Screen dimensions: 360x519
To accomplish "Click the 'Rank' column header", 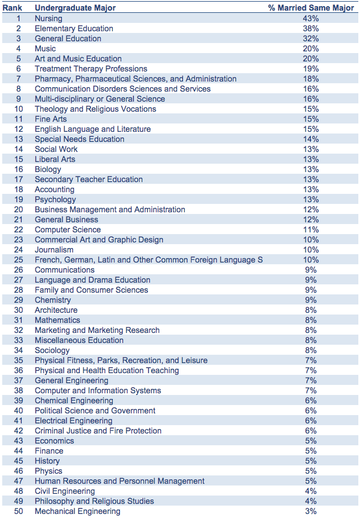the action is pyautogui.click(x=12, y=8).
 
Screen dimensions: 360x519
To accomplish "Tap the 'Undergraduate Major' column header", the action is pyautogui.click(x=75, y=8).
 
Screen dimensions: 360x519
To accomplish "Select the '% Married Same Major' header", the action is pyautogui.click(x=311, y=8).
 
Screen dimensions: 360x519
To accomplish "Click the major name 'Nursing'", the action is pyautogui.click(x=49, y=18).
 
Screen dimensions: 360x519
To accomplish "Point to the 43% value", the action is pyautogui.click(x=311, y=18).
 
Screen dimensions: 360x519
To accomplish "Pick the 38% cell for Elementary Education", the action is pyautogui.click(x=311, y=28).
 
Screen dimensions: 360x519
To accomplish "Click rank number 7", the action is pyautogui.click(x=18, y=79).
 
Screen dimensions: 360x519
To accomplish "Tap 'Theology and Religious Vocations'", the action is pyautogui.click(x=95, y=109).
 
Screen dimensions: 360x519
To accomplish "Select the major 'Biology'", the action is pyautogui.click(x=48, y=169).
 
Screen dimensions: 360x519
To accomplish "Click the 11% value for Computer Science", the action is pyautogui.click(x=311, y=230).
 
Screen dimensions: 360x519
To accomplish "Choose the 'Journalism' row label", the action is pyautogui.click(x=54, y=250).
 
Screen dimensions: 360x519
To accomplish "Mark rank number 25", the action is pyautogui.click(x=18, y=260).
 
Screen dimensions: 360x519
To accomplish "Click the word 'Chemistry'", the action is pyautogui.click(x=53, y=300).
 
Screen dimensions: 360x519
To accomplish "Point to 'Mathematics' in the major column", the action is pyautogui.click(x=57, y=320).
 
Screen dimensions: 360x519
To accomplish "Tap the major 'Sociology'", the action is pyautogui.click(x=52, y=350).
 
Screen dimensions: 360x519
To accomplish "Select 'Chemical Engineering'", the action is pyautogui.click(x=74, y=401).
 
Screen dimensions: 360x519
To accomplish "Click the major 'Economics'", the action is pyautogui.click(x=55, y=441).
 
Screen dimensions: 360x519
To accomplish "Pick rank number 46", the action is pyautogui.click(x=18, y=471).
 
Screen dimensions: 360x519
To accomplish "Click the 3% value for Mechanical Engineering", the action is pyautogui.click(x=311, y=511).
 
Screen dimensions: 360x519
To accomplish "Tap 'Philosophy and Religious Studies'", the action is pyautogui.click(x=94, y=502).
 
